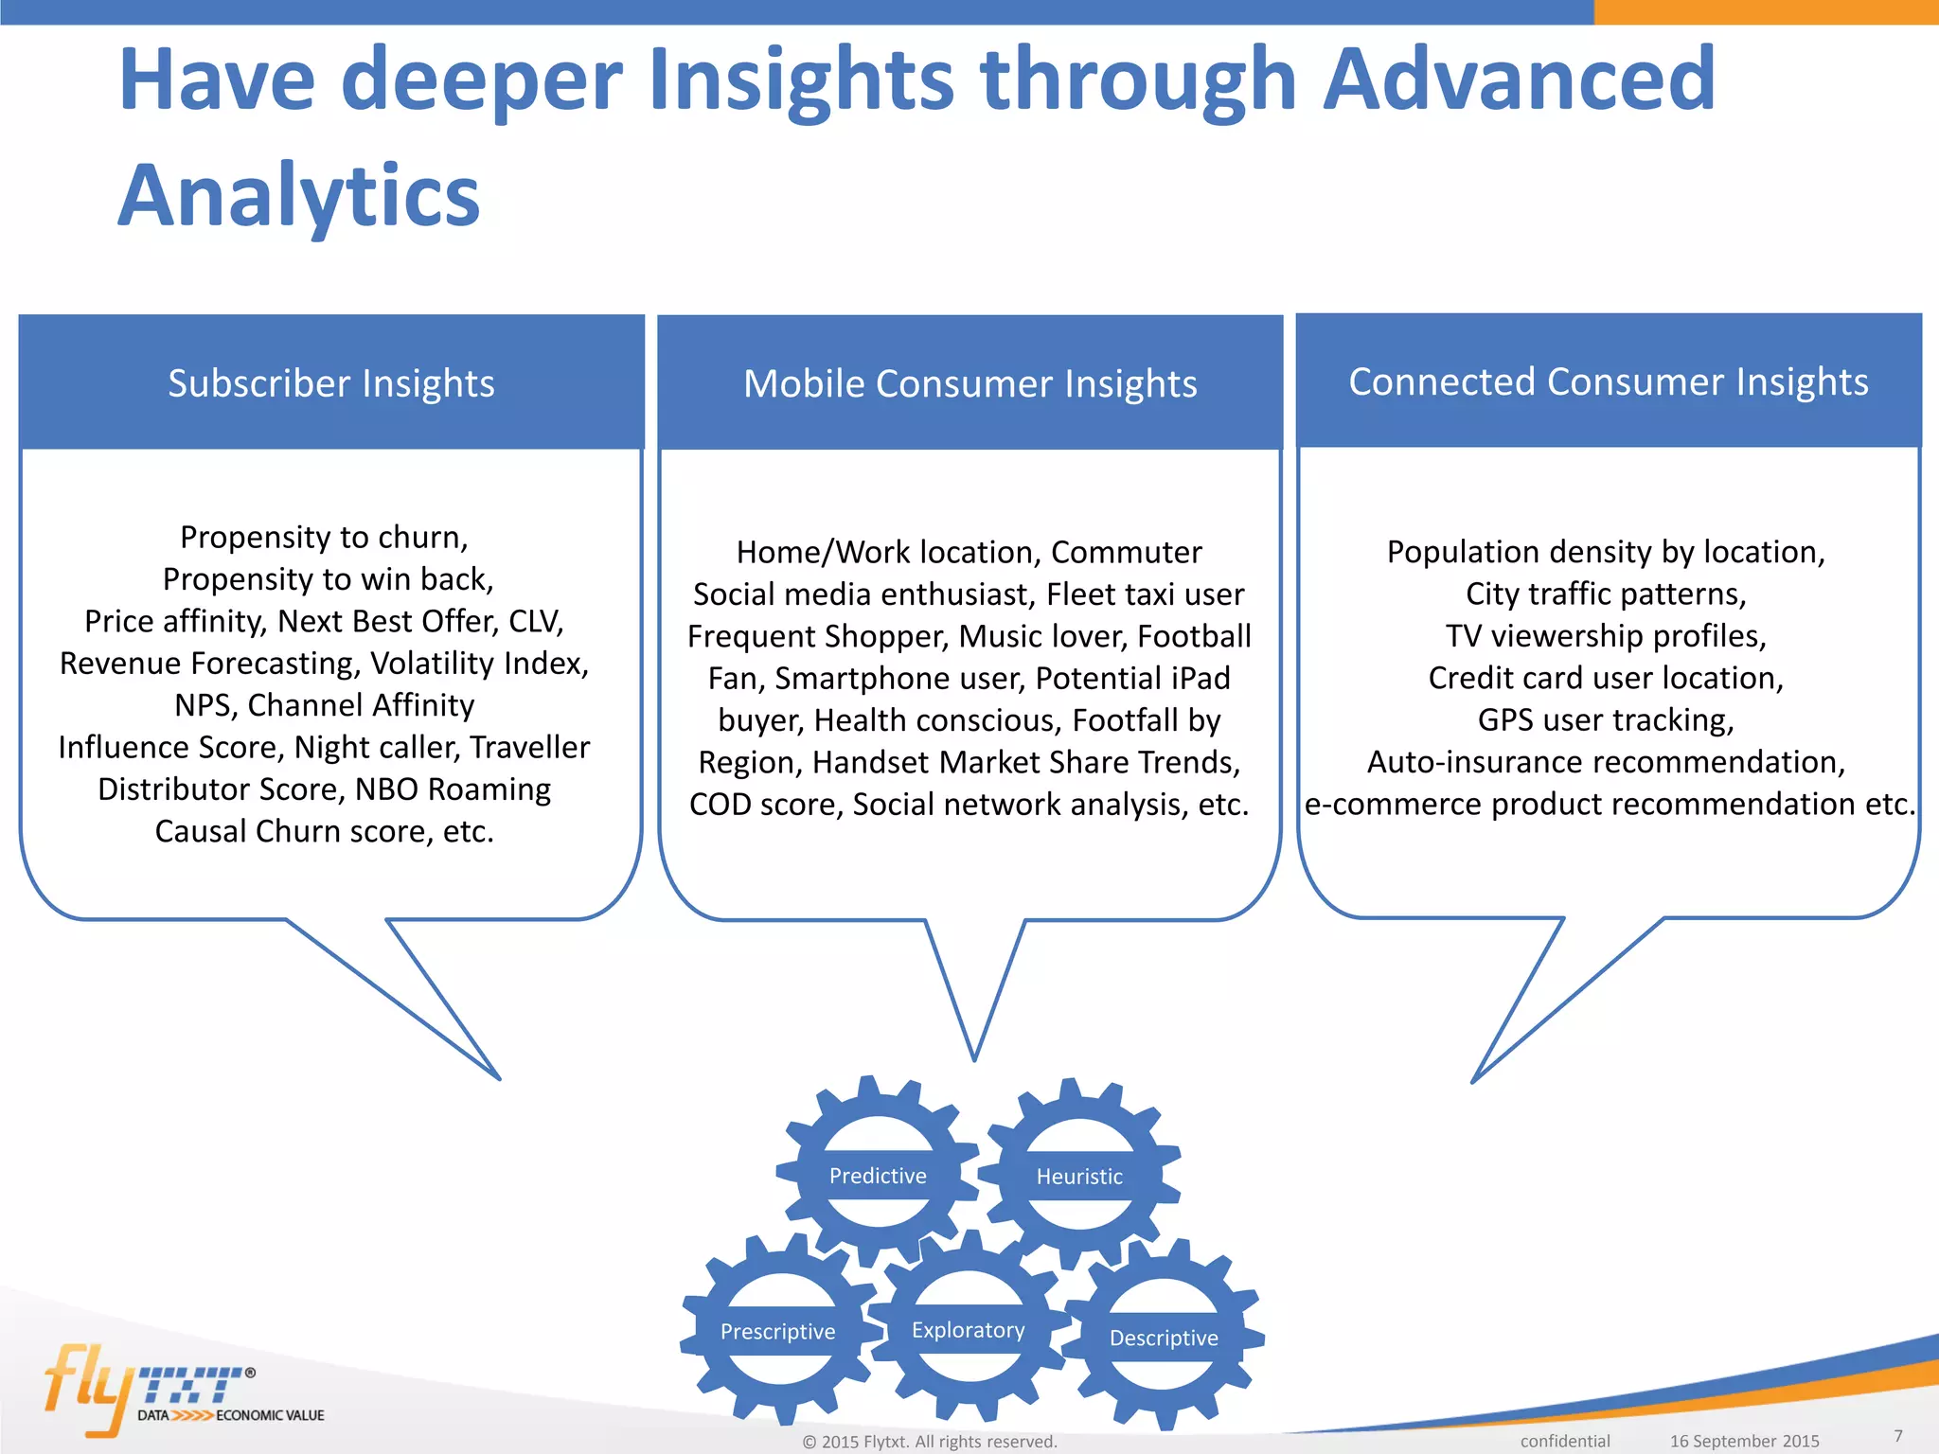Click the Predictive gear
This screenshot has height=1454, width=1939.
point(878,1175)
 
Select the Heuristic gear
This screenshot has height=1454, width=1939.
point(1079,1176)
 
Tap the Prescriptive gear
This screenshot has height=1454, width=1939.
point(777,1331)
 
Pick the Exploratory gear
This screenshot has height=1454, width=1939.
point(968,1329)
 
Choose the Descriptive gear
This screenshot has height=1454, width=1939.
point(1164,1337)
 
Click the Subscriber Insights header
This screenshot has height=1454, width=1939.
point(331,383)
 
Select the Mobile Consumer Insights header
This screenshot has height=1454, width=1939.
point(969,383)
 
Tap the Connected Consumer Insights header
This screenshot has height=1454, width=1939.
point(1608,381)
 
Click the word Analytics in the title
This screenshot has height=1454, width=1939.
point(299,195)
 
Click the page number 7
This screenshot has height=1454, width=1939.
point(1897,1435)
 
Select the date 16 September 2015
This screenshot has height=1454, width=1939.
point(1744,1441)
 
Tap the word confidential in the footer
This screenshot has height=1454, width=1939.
point(1564,1441)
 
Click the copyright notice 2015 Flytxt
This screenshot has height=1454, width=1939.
point(929,1441)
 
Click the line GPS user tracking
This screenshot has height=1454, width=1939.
point(1606,719)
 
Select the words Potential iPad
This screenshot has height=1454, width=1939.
point(1132,678)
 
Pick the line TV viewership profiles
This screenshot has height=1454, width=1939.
point(1606,635)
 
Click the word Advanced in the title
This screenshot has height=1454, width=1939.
point(1518,80)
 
